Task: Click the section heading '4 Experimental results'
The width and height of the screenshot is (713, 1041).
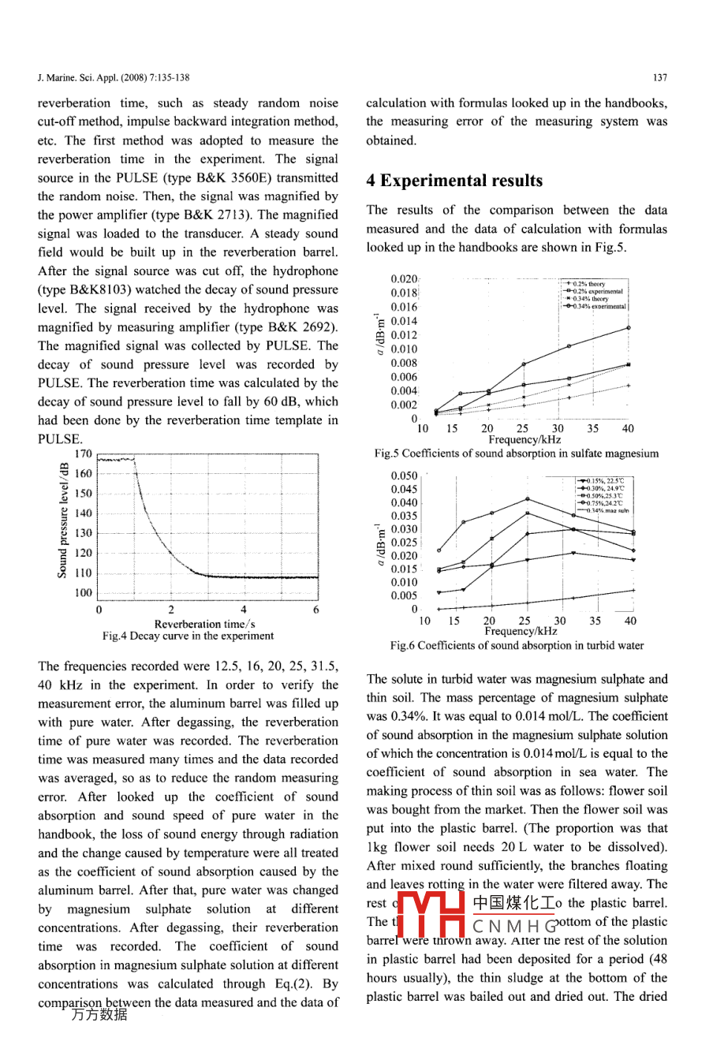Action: (x=454, y=181)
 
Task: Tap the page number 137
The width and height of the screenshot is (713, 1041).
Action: (x=660, y=77)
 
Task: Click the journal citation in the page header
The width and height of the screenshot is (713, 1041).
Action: (x=113, y=77)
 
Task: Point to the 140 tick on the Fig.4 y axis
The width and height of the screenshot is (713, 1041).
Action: (x=83, y=513)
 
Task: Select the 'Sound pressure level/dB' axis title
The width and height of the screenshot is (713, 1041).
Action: (x=63, y=521)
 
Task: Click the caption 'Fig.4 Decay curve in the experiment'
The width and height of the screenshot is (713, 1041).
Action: (x=188, y=636)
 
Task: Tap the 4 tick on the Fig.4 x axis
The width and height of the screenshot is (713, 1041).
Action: (x=244, y=610)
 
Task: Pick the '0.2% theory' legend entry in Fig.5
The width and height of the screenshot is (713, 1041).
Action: (x=589, y=284)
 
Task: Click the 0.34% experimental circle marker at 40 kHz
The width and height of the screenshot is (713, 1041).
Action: (x=629, y=327)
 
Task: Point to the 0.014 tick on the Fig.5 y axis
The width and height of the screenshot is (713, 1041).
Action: (x=404, y=321)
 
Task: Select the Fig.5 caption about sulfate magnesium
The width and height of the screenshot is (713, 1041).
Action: (x=517, y=453)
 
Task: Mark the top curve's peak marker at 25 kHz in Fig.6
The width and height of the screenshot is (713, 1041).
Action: (x=528, y=499)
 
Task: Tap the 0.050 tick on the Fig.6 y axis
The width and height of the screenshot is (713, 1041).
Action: (x=404, y=476)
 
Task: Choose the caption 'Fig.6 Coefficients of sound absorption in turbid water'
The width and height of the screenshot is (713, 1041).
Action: (x=517, y=645)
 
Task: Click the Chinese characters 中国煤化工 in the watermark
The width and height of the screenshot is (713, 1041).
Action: (x=513, y=903)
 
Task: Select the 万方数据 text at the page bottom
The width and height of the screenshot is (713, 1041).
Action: (x=99, y=1015)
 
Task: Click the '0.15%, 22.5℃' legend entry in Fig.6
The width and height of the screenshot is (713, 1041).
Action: (x=604, y=481)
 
